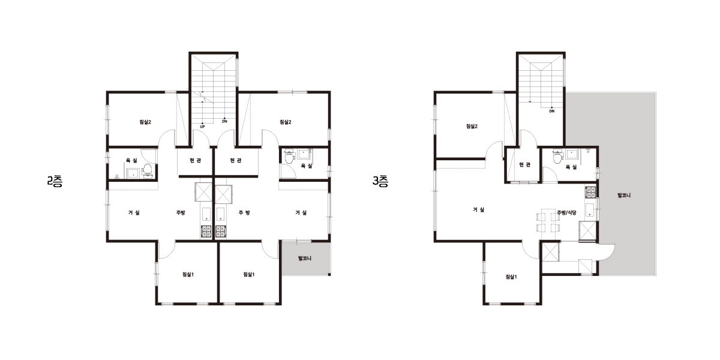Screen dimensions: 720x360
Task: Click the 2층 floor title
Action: (55, 182)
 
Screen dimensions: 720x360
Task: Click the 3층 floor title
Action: (380, 182)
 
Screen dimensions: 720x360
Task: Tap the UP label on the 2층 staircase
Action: (202, 127)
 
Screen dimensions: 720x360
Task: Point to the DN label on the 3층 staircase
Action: (552, 111)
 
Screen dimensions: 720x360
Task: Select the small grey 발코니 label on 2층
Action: (305, 258)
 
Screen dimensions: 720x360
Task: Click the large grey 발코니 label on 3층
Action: (624, 195)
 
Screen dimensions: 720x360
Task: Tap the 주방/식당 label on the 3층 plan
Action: (566, 212)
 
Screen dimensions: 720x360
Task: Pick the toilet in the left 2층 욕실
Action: (148, 170)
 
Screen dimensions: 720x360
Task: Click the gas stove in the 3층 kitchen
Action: (591, 192)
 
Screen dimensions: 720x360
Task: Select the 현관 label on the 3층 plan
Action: (525, 164)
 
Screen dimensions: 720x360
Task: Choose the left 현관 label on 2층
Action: (196, 160)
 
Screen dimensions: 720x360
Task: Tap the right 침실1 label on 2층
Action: (249, 274)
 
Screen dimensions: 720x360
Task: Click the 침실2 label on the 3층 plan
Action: (472, 127)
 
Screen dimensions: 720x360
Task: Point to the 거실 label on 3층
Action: (478, 209)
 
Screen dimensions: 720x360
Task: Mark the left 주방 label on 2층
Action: (181, 212)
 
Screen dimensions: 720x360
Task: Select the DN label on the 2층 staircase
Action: (224, 121)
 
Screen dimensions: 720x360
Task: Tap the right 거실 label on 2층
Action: (301, 212)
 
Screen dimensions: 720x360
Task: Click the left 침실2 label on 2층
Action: (145, 122)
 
